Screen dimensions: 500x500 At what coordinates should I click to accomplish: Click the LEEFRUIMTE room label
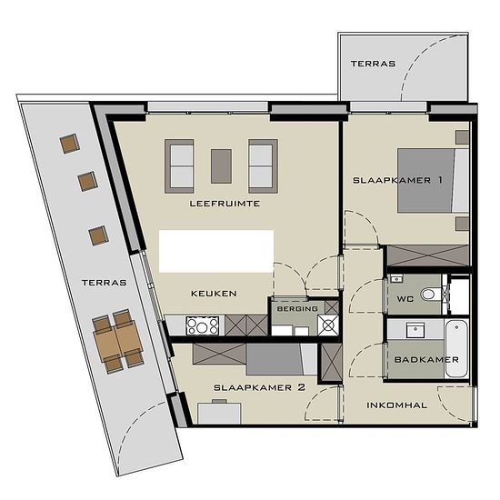225,204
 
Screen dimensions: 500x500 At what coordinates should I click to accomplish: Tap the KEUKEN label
214,294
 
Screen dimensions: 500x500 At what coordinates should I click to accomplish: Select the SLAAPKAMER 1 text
397,180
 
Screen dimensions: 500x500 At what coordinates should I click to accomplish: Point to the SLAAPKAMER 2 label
260,387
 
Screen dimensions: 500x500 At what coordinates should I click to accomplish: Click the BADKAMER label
426,360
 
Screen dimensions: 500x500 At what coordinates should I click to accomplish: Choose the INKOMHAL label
396,405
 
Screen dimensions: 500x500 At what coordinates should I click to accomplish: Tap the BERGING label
297,309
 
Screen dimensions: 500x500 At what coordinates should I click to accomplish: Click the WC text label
405,299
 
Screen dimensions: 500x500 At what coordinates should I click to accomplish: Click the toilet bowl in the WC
430,294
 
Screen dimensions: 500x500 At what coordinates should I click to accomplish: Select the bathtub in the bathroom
456,348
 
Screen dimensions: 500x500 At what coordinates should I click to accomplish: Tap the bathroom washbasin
415,330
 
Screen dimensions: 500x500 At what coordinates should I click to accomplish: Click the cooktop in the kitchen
203,325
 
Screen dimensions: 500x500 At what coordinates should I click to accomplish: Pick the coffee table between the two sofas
221,166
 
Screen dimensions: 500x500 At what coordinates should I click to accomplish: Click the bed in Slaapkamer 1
433,180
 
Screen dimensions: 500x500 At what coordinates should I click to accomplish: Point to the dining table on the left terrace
118,340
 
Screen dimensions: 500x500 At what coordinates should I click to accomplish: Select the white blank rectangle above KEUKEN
216,251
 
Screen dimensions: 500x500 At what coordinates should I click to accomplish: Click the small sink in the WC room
396,279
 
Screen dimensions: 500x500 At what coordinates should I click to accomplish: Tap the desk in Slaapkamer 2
219,414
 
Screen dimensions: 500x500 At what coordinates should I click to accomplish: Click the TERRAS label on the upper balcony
373,64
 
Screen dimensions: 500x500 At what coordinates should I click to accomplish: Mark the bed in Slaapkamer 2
282,359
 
